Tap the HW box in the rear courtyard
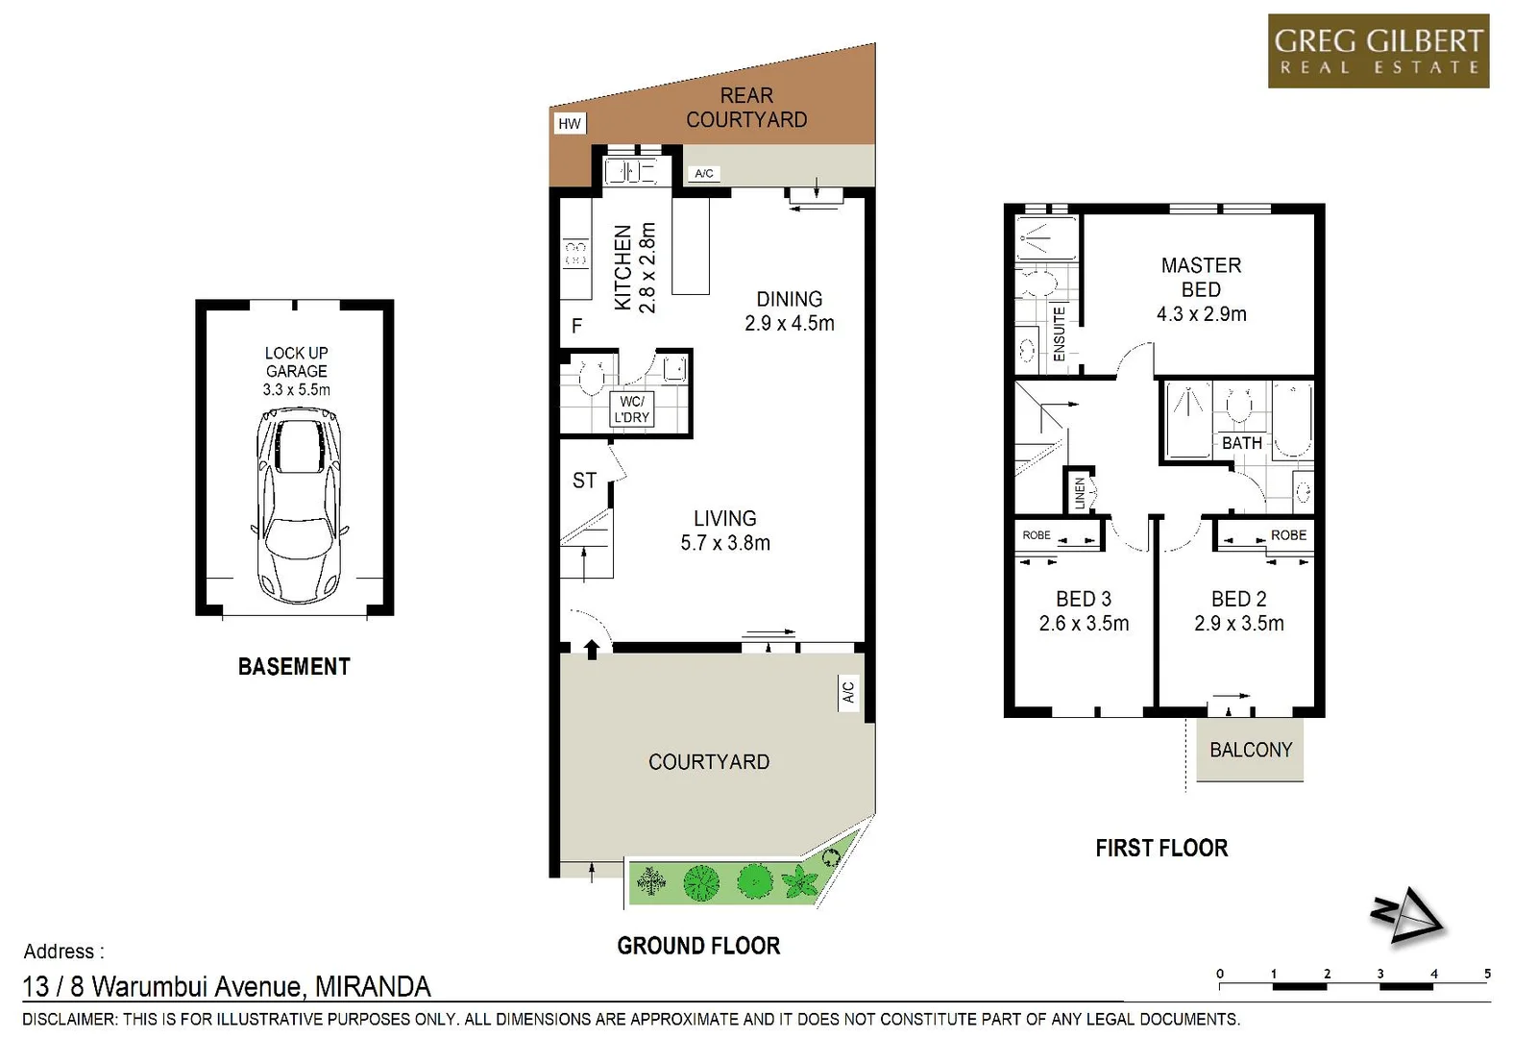pyautogui.click(x=570, y=123)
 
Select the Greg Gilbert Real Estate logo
pyautogui.click(x=1378, y=51)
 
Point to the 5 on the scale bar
pyautogui.click(x=1486, y=974)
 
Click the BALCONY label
pyautogui.click(x=1250, y=750)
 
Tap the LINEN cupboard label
pyautogui.click(x=1079, y=493)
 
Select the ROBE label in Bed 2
pyautogui.click(x=1287, y=535)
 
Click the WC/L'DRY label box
pyautogui.click(x=631, y=409)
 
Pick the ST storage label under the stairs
pyautogui.click(x=584, y=481)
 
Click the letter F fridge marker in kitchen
pyautogui.click(x=576, y=326)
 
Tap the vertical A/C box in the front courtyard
pyautogui.click(x=847, y=692)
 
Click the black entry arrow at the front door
pyautogui.click(x=592, y=649)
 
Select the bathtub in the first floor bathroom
pyautogui.click(x=1292, y=419)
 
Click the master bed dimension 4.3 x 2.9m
pyautogui.click(x=1201, y=314)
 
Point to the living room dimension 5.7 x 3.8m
pyautogui.click(x=724, y=543)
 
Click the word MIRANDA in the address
pyautogui.click(x=373, y=986)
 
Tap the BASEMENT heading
pyautogui.click(x=294, y=666)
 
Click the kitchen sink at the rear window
pyautogui.click(x=629, y=172)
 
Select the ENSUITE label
pyautogui.click(x=1059, y=334)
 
